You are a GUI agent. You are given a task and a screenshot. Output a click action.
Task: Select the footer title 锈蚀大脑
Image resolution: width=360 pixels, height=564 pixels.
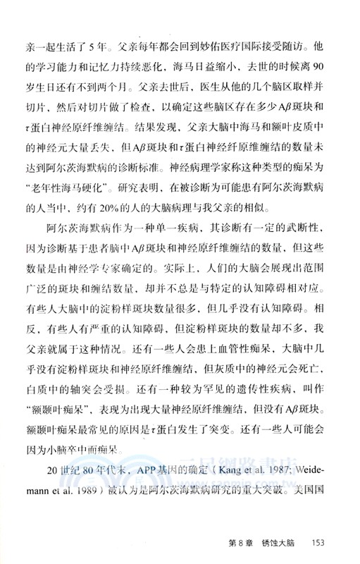273,543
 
